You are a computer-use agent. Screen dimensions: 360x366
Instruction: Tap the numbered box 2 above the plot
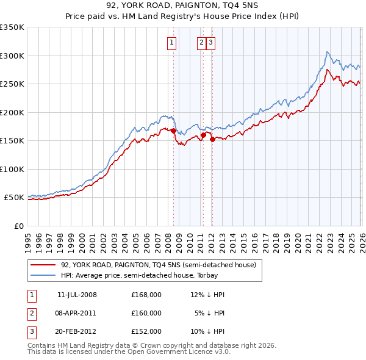tap(201, 43)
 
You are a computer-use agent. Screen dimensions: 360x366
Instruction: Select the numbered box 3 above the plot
tap(210, 43)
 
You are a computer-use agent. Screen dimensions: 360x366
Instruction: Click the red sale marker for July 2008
tap(174, 131)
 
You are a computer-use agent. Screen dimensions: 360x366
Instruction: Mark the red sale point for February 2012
tap(212, 140)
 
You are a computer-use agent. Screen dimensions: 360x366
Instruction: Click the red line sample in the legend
tap(43, 265)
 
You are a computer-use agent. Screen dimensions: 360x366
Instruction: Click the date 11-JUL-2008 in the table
tap(77, 295)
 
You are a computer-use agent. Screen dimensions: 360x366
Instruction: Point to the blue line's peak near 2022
tap(328, 52)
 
